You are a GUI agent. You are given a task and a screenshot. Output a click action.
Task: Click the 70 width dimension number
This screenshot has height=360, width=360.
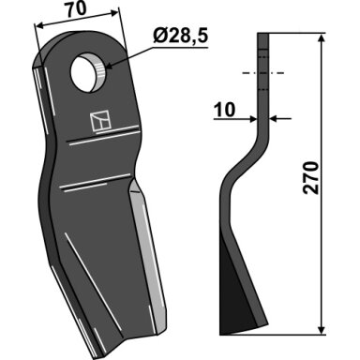click(x=75, y=9)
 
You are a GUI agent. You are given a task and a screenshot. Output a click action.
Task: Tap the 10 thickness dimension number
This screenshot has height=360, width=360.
click(x=224, y=110)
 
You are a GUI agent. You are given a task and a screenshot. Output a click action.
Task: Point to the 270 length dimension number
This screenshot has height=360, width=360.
click(x=311, y=178)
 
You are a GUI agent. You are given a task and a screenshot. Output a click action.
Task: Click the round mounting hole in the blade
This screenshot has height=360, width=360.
click(x=89, y=72)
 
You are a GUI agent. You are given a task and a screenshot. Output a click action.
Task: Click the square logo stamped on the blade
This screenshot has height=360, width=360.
click(x=100, y=121)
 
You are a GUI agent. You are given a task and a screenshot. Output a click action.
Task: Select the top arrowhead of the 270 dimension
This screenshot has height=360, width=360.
click(x=322, y=38)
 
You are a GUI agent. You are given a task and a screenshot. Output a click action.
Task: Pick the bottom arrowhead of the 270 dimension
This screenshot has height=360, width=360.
click(x=322, y=329)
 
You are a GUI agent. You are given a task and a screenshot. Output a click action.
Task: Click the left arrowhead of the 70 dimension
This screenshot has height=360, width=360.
click(x=40, y=26)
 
